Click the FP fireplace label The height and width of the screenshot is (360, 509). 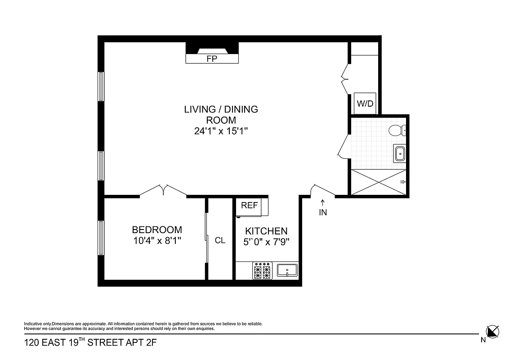[x=212, y=59]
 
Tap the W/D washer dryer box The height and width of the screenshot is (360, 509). [x=365, y=103]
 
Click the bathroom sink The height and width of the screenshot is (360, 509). [x=399, y=154]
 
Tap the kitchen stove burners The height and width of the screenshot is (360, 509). [x=263, y=270]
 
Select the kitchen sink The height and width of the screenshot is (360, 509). [x=286, y=270]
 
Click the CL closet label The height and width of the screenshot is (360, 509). [x=220, y=241]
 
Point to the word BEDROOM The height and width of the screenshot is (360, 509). [x=157, y=229]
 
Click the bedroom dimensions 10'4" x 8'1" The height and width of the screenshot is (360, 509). [x=157, y=240]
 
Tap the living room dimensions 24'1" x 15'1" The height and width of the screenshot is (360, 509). [x=221, y=131]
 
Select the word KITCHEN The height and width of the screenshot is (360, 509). [x=266, y=231]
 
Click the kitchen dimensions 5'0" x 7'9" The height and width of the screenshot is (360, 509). [x=266, y=242]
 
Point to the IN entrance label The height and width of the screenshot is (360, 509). [x=323, y=213]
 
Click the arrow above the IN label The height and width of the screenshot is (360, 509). [x=323, y=203]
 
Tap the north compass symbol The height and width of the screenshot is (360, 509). [x=493, y=332]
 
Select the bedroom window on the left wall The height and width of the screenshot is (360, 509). [x=101, y=238]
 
